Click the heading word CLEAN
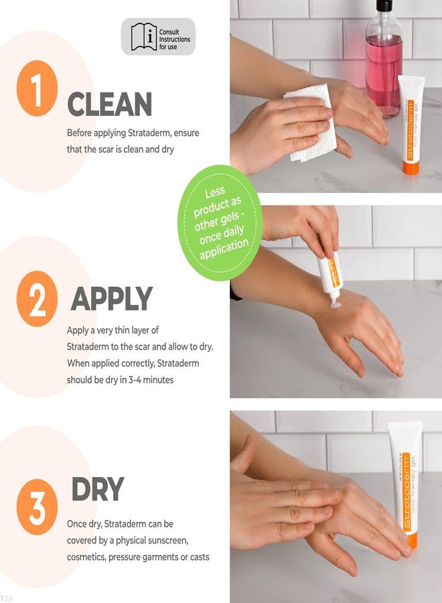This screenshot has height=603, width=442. coord(110,105)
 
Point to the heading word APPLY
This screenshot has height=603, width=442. coord(112,299)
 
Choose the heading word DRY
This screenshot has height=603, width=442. coord(97,490)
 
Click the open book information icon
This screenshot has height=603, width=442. coord(143,37)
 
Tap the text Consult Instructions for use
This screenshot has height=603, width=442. coord(174,39)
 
